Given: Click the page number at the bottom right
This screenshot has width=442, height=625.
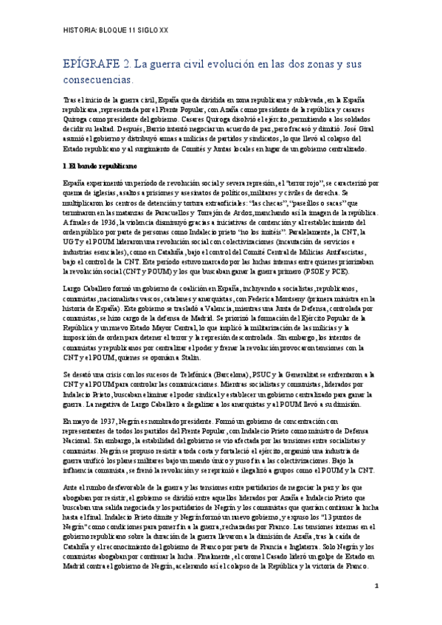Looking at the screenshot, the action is pyautogui.click(x=376, y=607).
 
